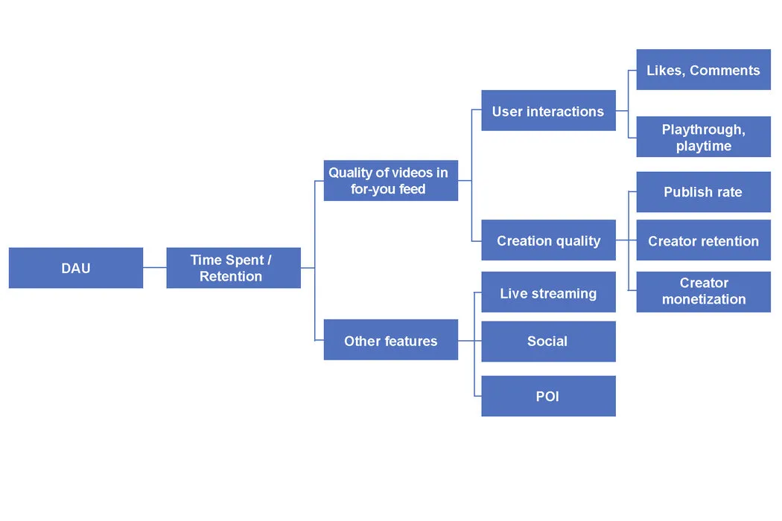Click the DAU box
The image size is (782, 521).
point(76,268)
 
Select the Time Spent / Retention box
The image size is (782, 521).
point(233,268)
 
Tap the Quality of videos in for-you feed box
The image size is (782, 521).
point(390,181)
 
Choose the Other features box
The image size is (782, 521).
point(390,341)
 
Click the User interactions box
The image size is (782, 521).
point(548,111)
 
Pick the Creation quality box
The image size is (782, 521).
point(548,240)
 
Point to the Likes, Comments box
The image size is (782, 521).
point(703,70)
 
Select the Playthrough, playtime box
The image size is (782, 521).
point(703,138)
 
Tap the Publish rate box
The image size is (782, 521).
point(703,192)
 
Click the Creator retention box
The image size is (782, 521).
point(703,240)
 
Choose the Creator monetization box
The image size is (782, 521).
point(703,291)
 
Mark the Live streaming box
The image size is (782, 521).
point(548,293)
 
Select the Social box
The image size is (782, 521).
point(548,341)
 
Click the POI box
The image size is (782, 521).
point(548,396)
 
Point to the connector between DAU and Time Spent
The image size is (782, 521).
point(154,267)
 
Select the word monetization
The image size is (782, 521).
point(704,299)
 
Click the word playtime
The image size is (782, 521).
point(704,146)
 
